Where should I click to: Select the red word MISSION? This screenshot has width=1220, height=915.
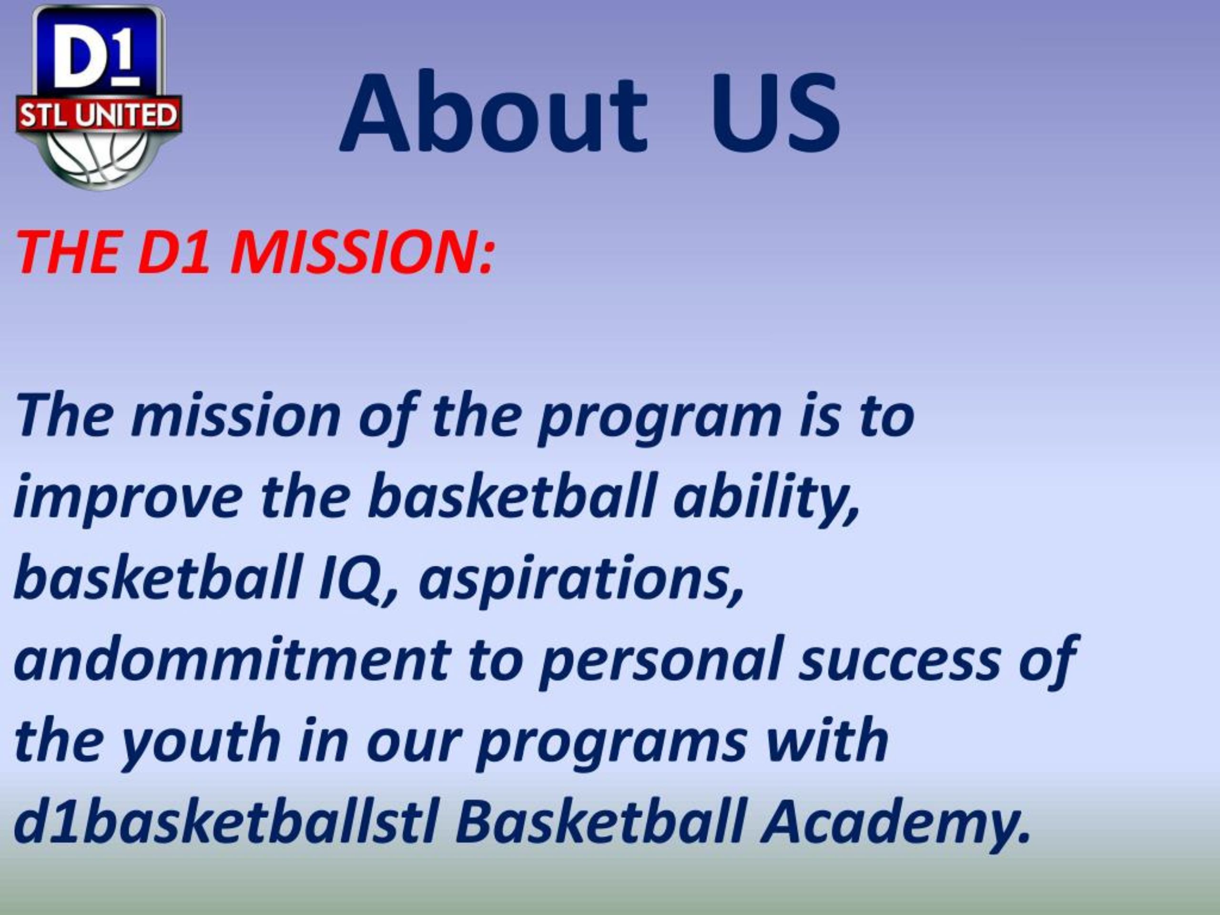pyautogui.click(x=361, y=252)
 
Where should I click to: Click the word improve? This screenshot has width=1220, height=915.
pyautogui.click(x=127, y=498)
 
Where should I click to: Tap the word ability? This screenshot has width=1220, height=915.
pyautogui.click(x=767, y=498)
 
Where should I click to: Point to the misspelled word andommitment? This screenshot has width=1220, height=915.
pyautogui.click(x=232, y=659)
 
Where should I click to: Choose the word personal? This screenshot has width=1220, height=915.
pyautogui.click(x=660, y=659)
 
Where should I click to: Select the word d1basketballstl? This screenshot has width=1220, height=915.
pyautogui.click(x=226, y=822)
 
